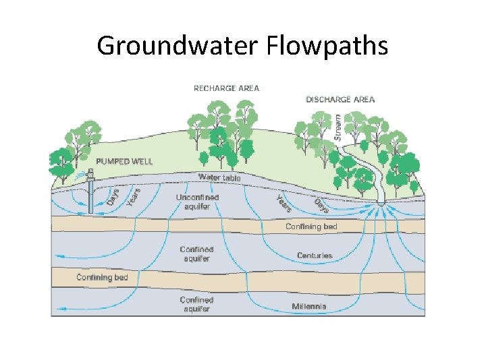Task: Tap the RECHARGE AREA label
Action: tap(226, 88)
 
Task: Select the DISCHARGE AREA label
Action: tap(340, 99)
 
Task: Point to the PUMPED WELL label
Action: tap(124, 162)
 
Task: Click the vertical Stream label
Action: tap(338, 127)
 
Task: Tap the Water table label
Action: tap(219, 177)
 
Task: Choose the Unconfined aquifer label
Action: tap(197, 202)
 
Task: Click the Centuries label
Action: tap(315, 255)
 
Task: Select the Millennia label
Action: tap(309, 307)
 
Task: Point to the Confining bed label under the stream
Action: tap(311, 226)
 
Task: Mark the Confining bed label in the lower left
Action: tap(102, 278)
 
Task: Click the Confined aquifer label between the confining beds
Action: tap(196, 254)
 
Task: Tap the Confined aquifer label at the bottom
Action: tap(196, 304)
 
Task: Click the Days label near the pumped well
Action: tap(113, 198)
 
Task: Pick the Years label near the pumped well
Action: tap(134, 196)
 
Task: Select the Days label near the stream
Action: tap(321, 206)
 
